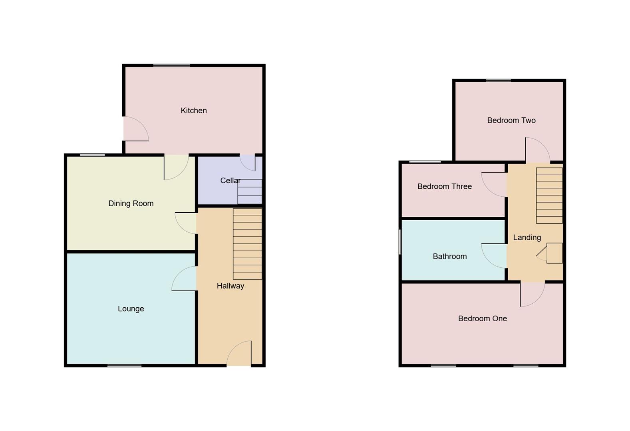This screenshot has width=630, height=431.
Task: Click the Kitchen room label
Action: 194,111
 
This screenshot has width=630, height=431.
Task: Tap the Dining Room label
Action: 131,204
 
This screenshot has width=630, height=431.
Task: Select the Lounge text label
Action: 131,309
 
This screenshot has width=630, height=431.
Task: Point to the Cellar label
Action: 230,181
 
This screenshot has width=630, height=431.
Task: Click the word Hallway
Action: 230,286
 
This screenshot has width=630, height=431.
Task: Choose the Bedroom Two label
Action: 511,121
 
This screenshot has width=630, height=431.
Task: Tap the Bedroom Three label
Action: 444,186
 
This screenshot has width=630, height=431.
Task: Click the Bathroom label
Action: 449,257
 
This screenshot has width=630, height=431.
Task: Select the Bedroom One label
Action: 482,318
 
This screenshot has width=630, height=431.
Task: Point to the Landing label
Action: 527,237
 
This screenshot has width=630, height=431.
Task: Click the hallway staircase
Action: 247,244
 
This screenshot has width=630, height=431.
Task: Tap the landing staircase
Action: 549,195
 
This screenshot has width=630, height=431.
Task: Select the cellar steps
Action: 250,192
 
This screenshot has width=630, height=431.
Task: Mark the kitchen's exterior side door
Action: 135,129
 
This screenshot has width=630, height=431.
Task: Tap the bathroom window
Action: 400,242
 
